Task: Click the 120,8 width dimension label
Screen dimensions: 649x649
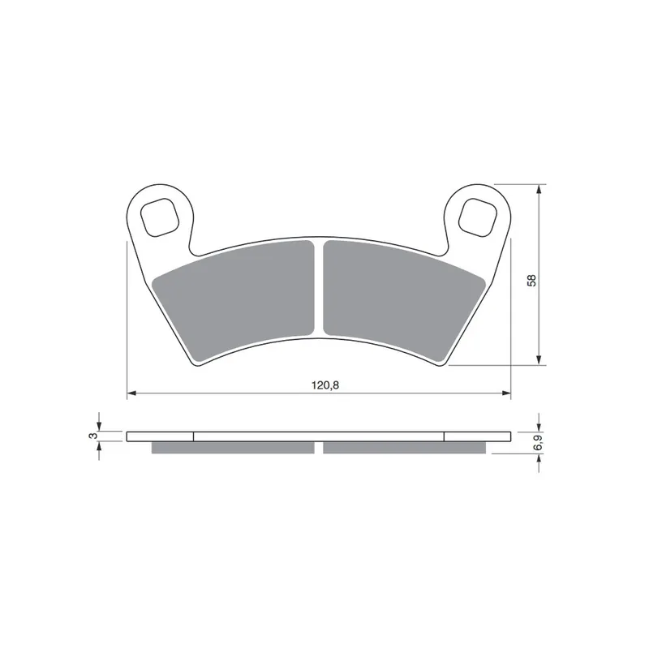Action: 325,385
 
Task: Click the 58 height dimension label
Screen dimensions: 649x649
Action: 532,280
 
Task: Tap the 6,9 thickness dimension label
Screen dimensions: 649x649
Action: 538,442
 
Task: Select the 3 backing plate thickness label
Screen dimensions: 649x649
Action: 93,436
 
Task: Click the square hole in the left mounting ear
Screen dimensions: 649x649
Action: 160,217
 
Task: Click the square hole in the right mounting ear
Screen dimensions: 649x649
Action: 478,217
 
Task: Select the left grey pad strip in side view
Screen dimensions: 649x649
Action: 233,448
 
